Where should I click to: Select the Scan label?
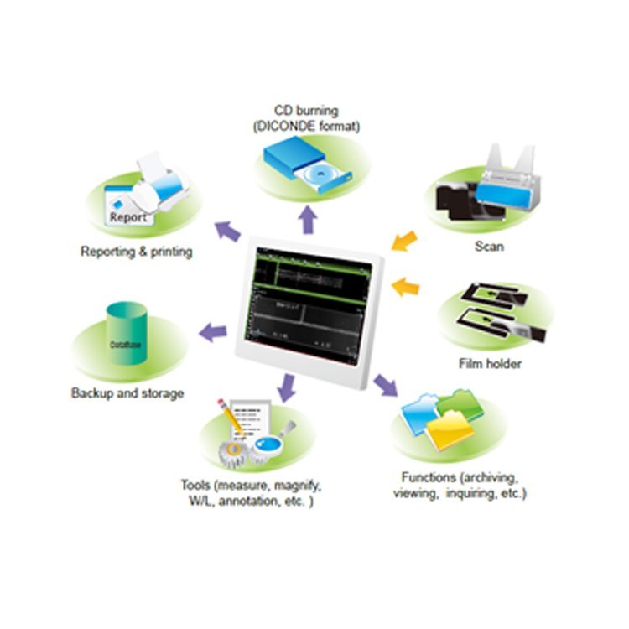(x=488, y=247)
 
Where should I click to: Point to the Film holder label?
(x=491, y=363)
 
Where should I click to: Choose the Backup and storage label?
(x=127, y=392)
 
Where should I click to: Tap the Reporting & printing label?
(x=137, y=251)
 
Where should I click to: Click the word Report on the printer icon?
(x=127, y=216)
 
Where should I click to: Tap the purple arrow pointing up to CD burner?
(x=309, y=219)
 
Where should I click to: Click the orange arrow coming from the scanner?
(x=404, y=241)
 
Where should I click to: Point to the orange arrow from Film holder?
(x=406, y=286)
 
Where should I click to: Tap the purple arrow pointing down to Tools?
(x=288, y=387)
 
